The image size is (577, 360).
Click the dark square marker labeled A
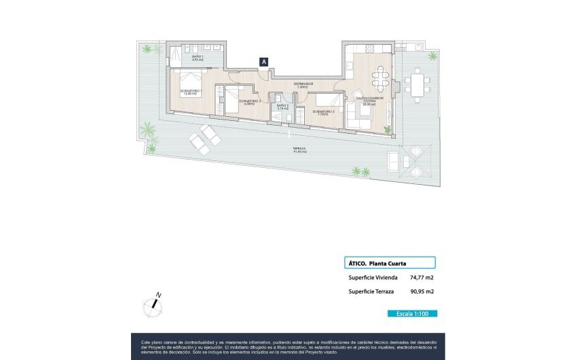264,61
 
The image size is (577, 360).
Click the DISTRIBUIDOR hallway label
303,85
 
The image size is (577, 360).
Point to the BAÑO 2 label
282,107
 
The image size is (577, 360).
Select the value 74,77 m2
422,277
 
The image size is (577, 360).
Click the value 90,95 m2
422,291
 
